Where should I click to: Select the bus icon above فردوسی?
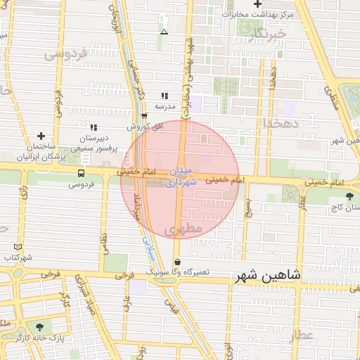[x=82, y=173]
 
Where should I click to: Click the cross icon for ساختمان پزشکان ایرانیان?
[x=41, y=135]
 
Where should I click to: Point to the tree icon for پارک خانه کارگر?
[x=39, y=327]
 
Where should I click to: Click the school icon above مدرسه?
[x=165, y=96]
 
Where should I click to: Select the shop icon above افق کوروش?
[x=144, y=117]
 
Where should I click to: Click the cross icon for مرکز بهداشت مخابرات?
[x=259, y=4]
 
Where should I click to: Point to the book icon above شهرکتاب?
[x=18, y=247]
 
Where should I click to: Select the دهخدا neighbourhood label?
[x=281, y=122]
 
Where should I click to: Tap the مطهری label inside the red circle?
[x=186, y=229]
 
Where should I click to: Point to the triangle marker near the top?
[x=164, y=32]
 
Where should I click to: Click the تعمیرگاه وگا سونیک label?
[x=178, y=271]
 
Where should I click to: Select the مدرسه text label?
[x=165, y=107]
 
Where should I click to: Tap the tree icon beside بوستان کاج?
[x=350, y=195]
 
